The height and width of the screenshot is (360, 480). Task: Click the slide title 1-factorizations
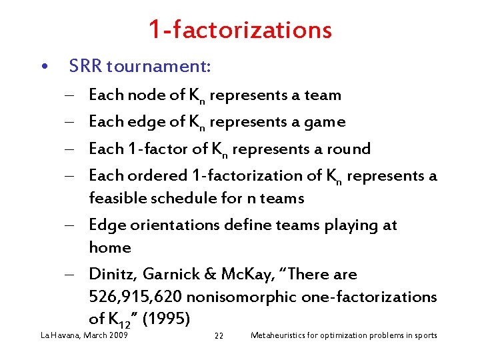pyautogui.click(x=240, y=29)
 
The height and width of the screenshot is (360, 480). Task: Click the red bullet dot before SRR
pyautogui.click(x=43, y=67)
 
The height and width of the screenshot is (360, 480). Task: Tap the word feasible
pyautogui.click(x=115, y=198)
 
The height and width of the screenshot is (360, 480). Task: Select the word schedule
pyautogui.click(x=175, y=198)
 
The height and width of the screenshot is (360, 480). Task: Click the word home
pyautogui.click(x=110, y=247)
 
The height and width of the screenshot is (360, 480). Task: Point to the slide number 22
pyautogui.click(x=219, y=335)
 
